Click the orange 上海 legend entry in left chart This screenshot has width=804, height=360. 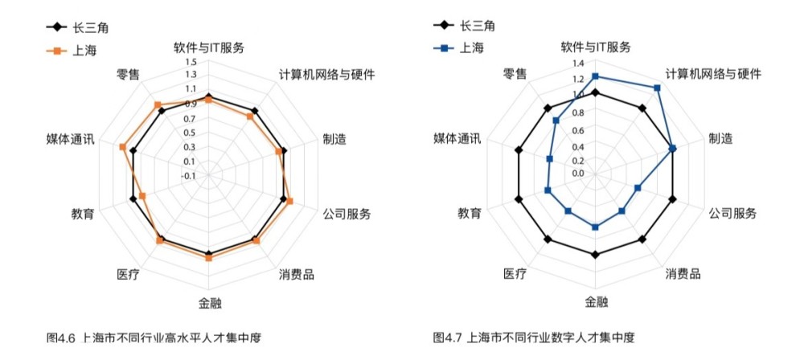tap(71, 51)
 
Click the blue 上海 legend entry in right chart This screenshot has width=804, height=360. tap(457, 48)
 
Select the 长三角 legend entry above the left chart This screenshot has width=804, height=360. tap(76, 27)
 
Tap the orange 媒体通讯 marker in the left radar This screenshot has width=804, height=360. tap(122, 147)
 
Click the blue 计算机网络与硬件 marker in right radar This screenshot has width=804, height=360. tap(658, 88)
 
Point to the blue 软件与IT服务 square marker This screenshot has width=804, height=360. tap(595, 76)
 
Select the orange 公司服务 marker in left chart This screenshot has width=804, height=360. tap(289, 201)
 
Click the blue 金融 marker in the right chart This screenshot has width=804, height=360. tap(595, 227)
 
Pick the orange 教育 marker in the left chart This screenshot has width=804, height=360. tap(142, 196)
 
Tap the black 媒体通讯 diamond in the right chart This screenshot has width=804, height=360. tap(519, 149)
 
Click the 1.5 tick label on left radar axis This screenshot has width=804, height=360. tap(191, 63)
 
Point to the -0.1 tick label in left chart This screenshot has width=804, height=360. tap(189, 175)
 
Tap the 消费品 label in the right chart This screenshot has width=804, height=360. tap(683, 273)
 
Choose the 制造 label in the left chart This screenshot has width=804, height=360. tap(334, 139)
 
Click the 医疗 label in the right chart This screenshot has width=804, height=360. tap(515, 274)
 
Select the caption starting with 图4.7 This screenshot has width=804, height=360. tap(534, 338)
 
